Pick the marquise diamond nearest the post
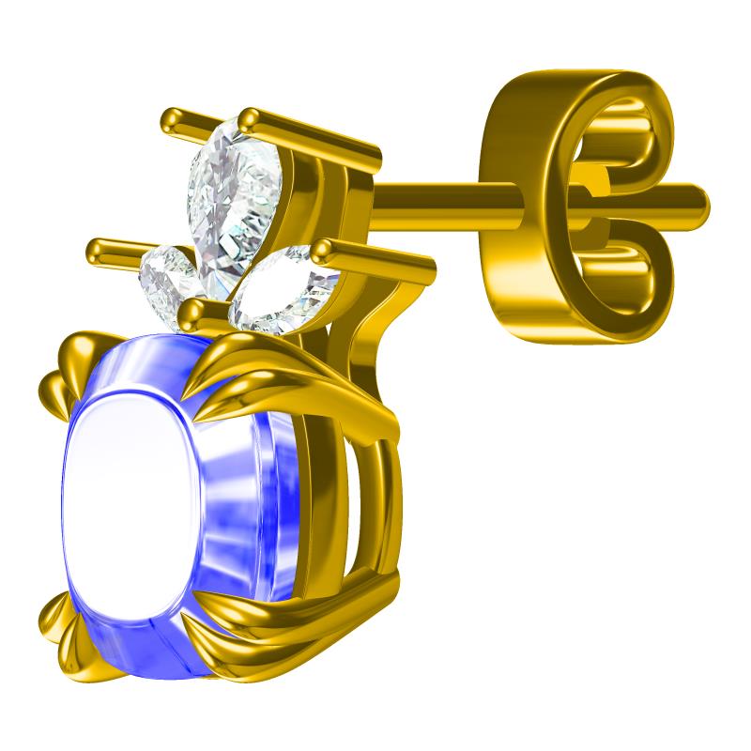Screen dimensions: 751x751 (x=282, y=291)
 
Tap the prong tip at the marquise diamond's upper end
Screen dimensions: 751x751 (x=324, y=250)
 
